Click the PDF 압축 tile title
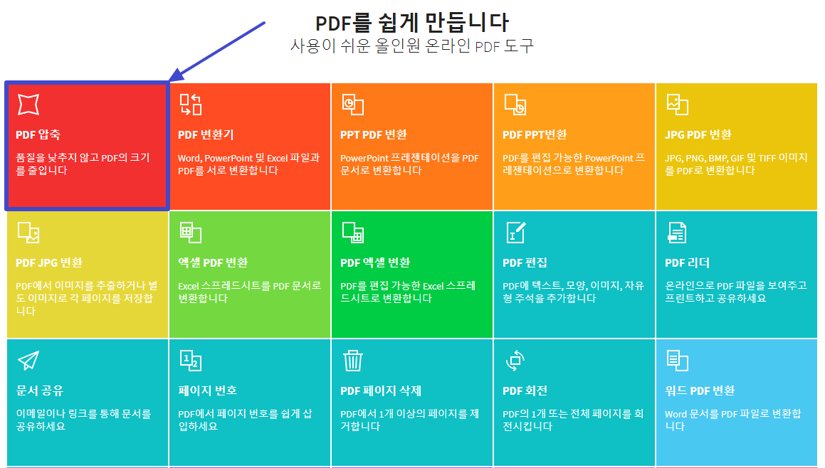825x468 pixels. click(x=38, y=134)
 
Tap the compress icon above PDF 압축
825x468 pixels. click(x=28, y=104)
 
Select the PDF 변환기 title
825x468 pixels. click(x=206, y=134)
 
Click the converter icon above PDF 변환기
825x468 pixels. click(x=190, y=104)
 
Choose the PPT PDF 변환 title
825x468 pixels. click(x=374, y=134)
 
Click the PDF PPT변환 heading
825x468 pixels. click(x=535, y=134)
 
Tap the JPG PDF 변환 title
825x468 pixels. click(x=698, y=134)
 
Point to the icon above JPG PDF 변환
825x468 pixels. click(x=677, y=104)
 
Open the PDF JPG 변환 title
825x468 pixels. click(x=49, y=262)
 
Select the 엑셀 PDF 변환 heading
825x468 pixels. click(x=213, y=262)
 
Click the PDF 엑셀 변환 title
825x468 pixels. click(x=375, y=262)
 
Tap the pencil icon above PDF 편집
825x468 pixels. click(x=515, y=232)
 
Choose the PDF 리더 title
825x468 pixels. click(x=688, y=262)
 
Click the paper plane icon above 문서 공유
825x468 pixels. click(x=28, y=361)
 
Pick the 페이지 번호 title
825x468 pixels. click(x=208, y=390)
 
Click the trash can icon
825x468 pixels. click(x=353, y=361)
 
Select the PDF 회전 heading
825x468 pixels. click(x=525, y=390)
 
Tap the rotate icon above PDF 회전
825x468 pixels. click(x=515, y=361)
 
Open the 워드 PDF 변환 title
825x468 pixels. click(x=700, y=390)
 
